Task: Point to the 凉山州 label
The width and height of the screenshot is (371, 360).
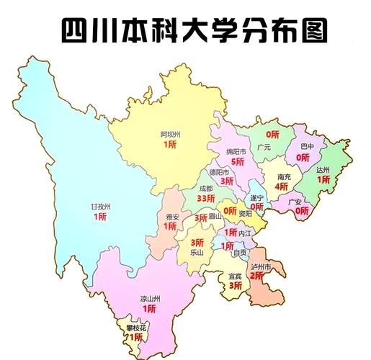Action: (149, 298)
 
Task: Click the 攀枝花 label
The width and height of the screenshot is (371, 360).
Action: (135, 328)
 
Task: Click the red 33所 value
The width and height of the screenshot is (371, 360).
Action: (206, 199)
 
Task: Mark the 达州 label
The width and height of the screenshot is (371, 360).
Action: (323, 169)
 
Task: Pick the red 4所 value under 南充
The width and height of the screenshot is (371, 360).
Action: (281, 186)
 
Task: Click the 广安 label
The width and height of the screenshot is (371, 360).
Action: (294, 202)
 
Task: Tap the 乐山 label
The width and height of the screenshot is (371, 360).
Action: (197, 253)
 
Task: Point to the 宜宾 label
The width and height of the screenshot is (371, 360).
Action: (235, 276)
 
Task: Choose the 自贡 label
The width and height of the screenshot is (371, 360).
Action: (239, 253)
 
